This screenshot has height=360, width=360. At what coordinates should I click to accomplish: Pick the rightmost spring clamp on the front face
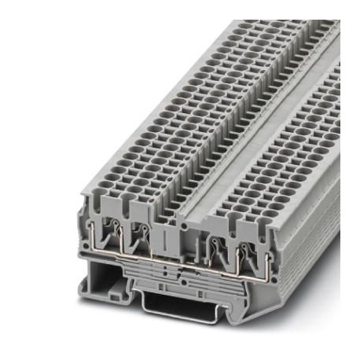point(237,241)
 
